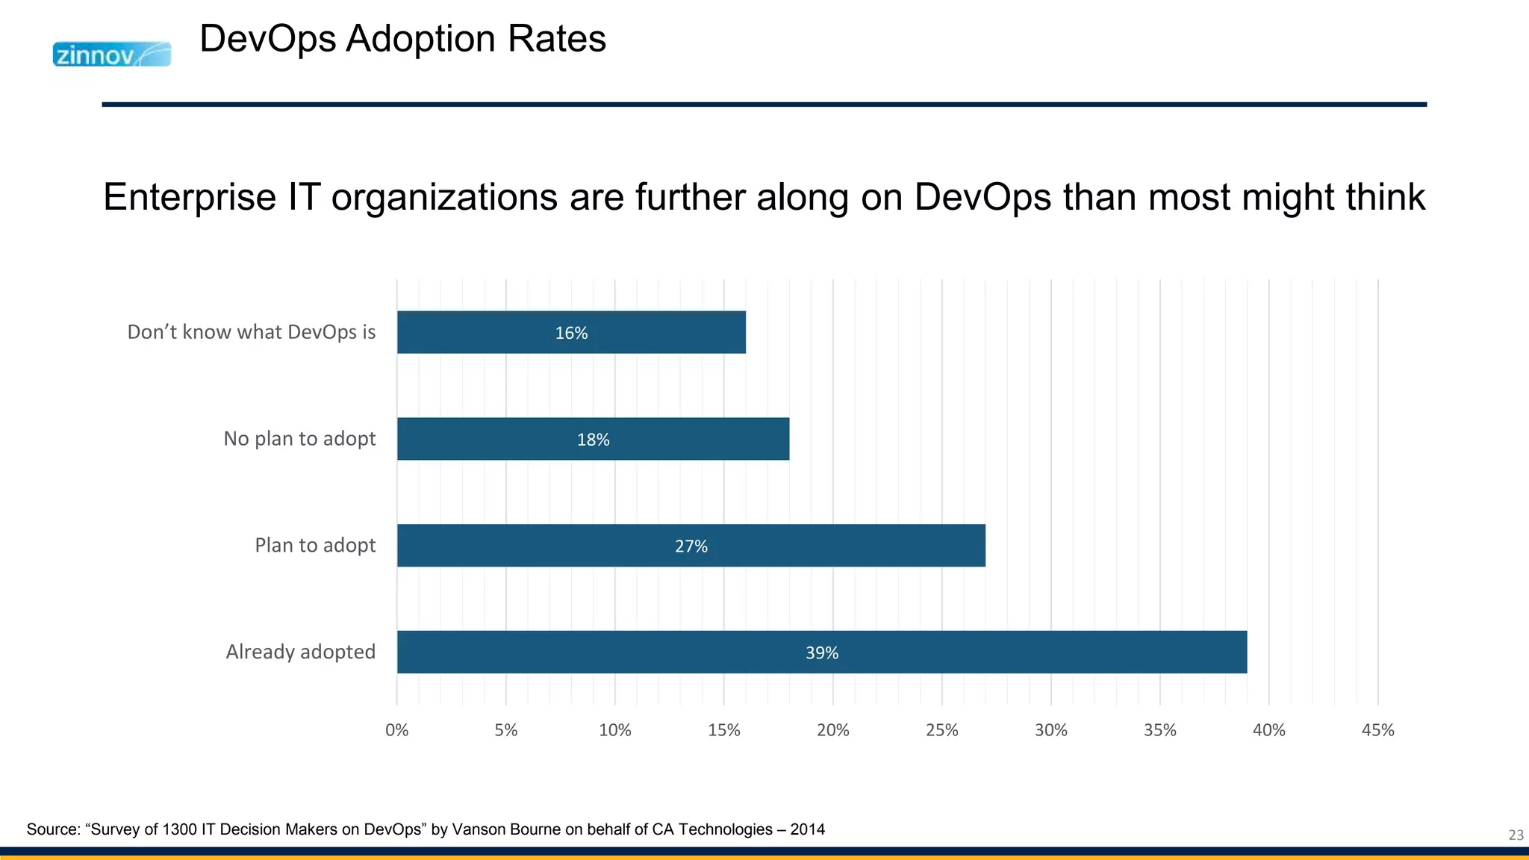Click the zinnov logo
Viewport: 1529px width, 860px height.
tap(111, 54)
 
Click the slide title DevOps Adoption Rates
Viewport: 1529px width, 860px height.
tap(402, 39)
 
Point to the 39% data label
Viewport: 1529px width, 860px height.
tap(821, 653)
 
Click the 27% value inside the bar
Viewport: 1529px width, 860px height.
tap(691, 546)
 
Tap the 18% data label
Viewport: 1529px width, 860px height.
tap(593, 440)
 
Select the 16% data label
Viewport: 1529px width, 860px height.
tap(571, 333)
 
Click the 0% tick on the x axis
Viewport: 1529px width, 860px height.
tap(396, 730)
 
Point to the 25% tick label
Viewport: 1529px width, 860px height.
tap(941, 730)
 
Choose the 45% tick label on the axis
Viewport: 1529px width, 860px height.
tap(1377, 730)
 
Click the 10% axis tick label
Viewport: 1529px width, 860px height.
tap(614, 730)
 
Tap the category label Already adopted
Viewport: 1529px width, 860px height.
tap(300, 652)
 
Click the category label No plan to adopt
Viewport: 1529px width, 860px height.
tap(299, 438)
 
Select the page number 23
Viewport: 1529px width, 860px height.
tap(1516, 835)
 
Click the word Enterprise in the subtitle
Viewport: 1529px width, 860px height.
tap(190, 198)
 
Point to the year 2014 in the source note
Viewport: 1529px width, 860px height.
tap(807, 829)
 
